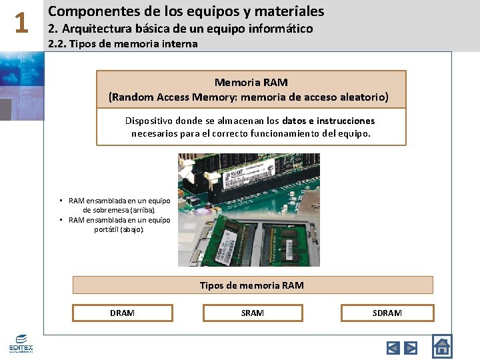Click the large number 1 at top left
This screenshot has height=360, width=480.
coord(21,24)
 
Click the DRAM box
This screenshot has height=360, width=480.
coord(122,313)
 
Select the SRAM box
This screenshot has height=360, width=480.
coord(253,313)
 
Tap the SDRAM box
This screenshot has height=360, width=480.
coord(387,313)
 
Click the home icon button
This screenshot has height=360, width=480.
coord(442,346)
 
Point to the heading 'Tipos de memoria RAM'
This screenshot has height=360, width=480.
coord(252,285)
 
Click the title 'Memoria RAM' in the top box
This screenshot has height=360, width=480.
coord(251,82)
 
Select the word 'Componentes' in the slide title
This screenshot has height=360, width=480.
coord(89,11)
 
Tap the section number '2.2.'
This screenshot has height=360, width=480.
coord(59,44)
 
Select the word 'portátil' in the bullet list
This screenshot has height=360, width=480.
coord(107,229)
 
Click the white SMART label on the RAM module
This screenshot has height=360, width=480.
coord(238,177)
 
